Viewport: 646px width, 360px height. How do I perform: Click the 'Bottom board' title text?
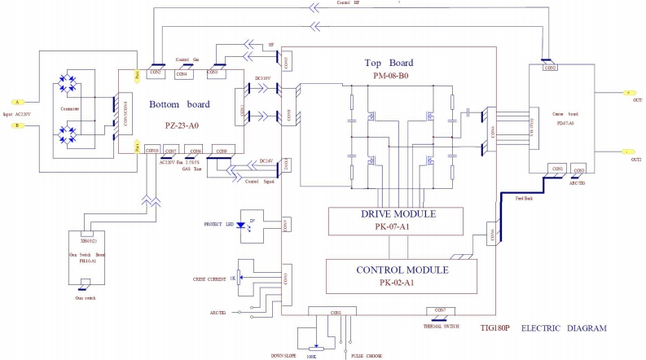coord(178,104)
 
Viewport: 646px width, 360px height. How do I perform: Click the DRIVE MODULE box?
coord(395,219)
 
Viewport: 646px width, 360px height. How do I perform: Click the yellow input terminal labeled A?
coord(15,103)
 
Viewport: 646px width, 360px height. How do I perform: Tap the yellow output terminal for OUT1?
coord(627,93)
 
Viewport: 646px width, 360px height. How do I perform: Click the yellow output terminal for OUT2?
coord(627,151)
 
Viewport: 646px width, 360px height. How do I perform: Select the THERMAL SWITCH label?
coord(441,325)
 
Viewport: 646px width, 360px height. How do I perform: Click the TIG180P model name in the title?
coord(497,328)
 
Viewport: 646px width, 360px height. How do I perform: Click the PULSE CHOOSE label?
coord(367,355)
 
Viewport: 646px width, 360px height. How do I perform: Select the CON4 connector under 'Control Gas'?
coord(182,74)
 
